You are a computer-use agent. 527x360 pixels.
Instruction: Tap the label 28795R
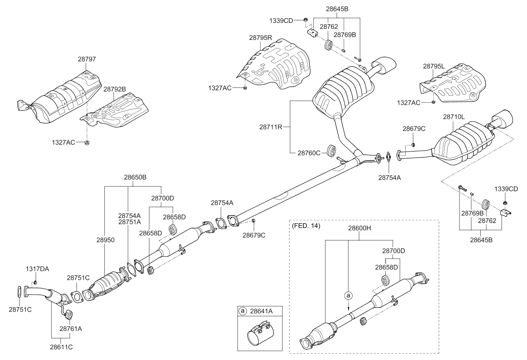point(261,38)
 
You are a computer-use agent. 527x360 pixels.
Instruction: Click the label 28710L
point(455,116)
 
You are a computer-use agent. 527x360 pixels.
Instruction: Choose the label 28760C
point(309,152)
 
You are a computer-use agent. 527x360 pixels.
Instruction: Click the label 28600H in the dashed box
point(360,228)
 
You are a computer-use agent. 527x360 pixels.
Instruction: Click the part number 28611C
point(62,347)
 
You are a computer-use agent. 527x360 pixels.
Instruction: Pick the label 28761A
point(71,328)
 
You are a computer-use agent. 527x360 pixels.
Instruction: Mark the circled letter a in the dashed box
point(348,294)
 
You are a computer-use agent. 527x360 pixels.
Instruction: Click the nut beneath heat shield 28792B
point(87,142)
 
